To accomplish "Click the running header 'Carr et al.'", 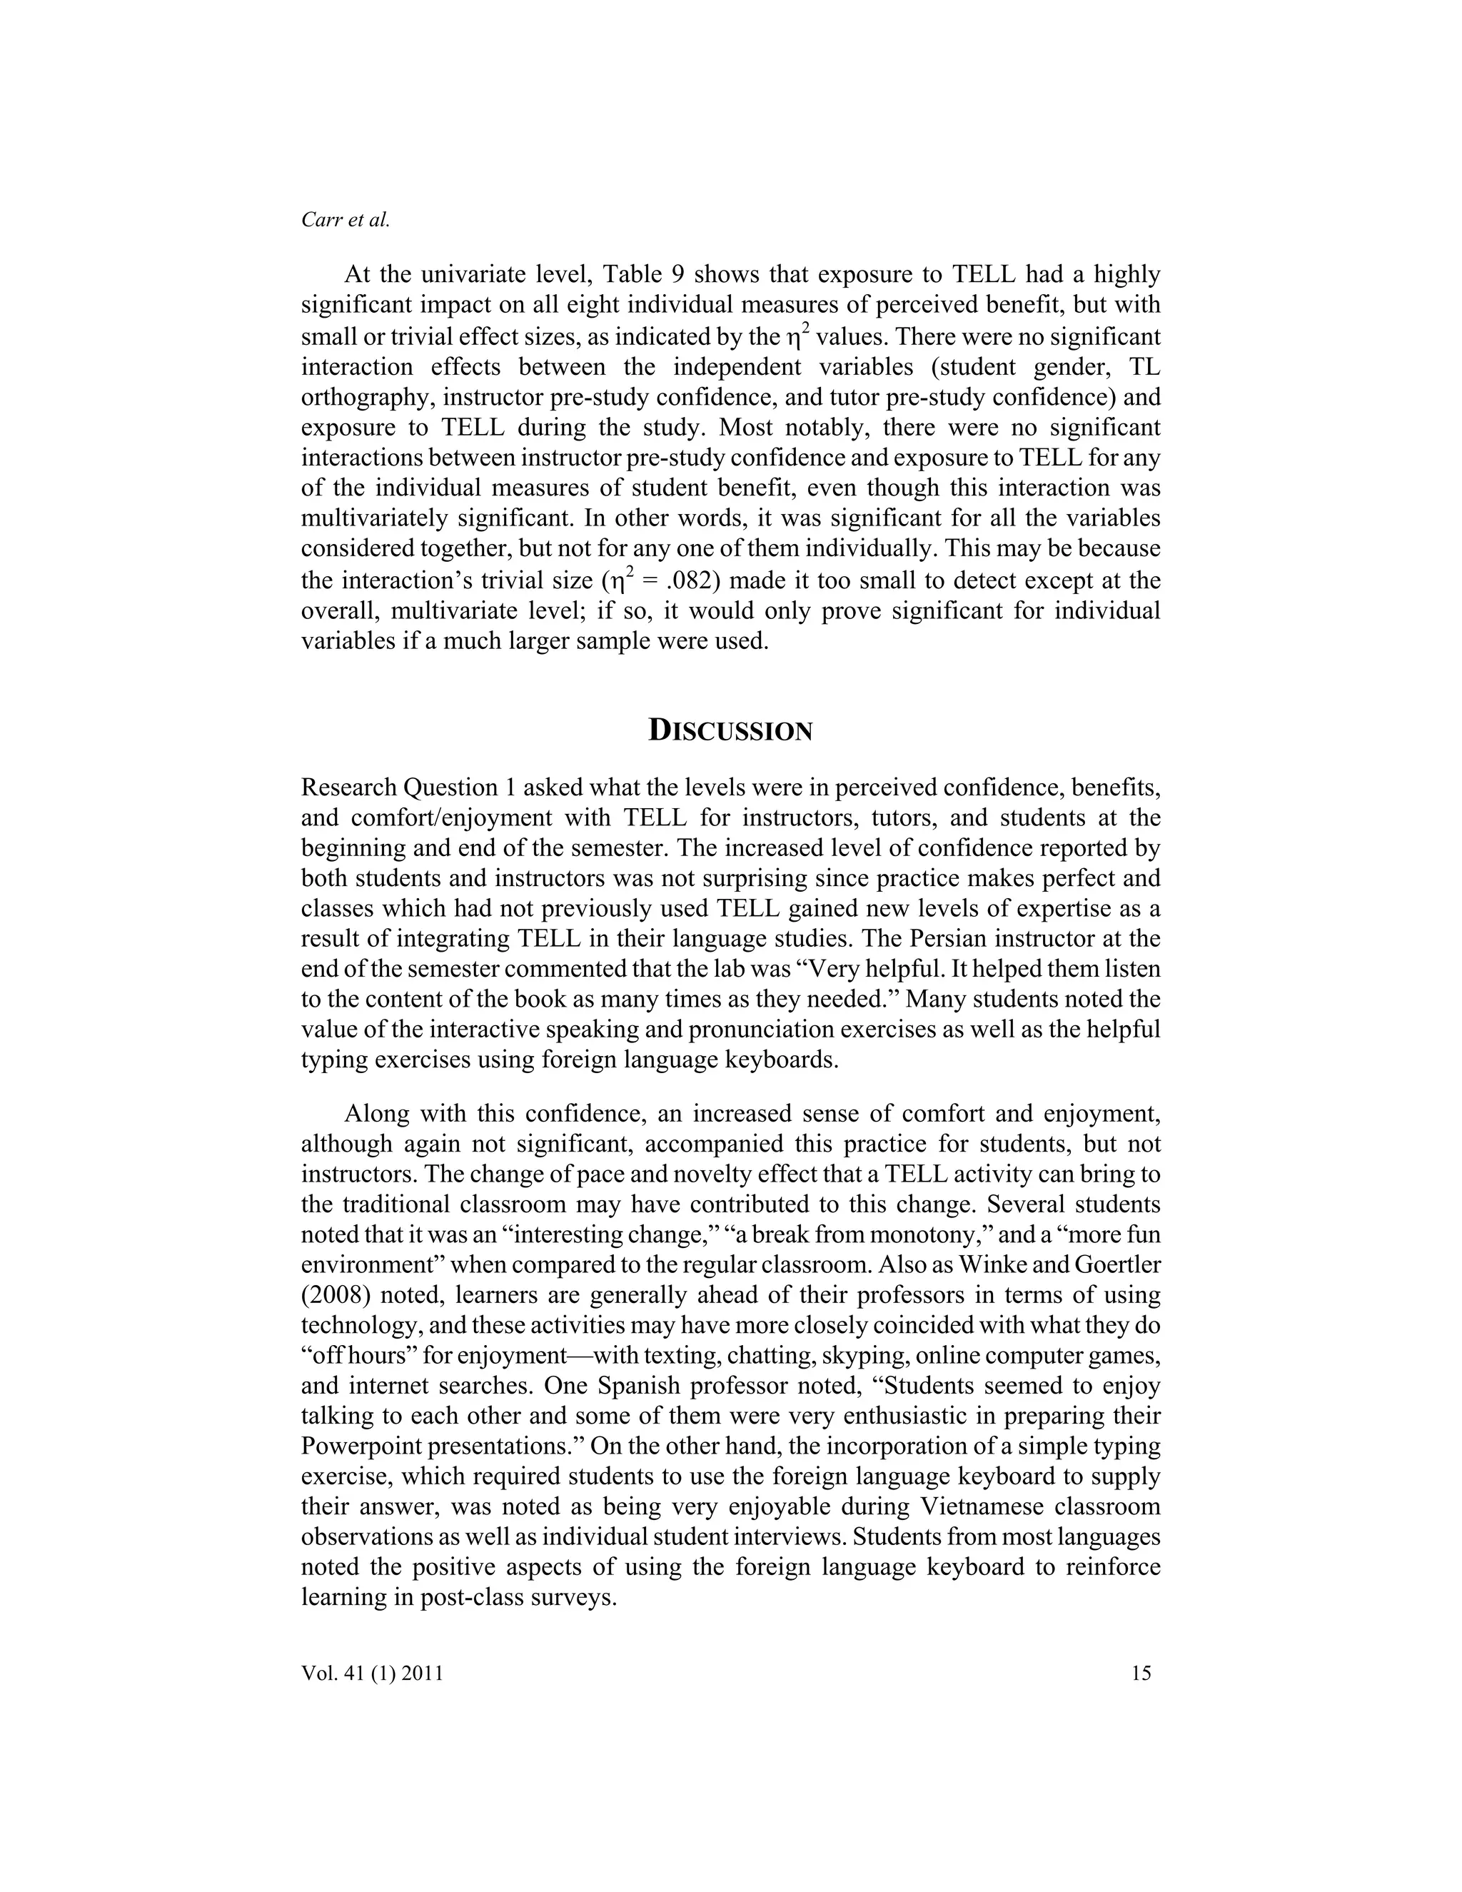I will [346, 220].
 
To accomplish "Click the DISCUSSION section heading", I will [730, 731].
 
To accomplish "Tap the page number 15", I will [1141, 1673].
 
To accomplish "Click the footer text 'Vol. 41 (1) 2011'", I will [373, 1673].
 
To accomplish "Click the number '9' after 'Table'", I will [677, 276].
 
